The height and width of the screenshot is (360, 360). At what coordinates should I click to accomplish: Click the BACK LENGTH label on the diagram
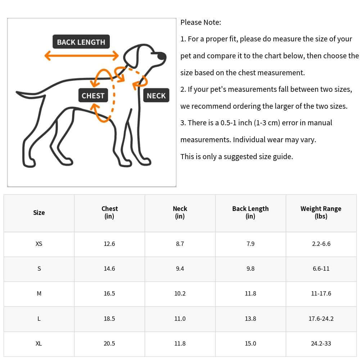pyautogui.click(x=81, y=42)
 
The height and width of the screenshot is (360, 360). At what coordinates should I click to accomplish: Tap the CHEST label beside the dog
pyautogui.click(x=93, y=96)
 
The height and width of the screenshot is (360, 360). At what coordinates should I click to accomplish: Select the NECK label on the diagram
pyautogui.click(x=156, y=96)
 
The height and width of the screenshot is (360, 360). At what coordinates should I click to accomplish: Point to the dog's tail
pyautogui.click(x=31, y=94)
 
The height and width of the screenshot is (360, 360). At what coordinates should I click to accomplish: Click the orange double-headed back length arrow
pyautogui.click(x=81, y=55)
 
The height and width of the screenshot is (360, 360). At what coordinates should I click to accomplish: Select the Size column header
pyautogui.click(x=39, y=212)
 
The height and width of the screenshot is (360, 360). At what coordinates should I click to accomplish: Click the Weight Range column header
pyautogui.click(x=321, y=212)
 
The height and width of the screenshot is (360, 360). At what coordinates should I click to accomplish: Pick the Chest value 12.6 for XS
pyautogui.click(x=109, y=244)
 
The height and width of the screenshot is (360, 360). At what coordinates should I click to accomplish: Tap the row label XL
pyautogui.click(x=39, y=343)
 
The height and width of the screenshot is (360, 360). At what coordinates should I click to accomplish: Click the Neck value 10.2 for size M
pyautogui.click(x=180, y=293)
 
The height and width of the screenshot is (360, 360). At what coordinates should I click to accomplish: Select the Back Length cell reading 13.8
pyautogui.click(x=251, y=319)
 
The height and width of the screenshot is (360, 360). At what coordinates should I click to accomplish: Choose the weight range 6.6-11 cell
pyautogui.click(x=321, y=269)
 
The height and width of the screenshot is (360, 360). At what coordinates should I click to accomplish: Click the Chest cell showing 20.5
pyautogui.click(x=109, y=343)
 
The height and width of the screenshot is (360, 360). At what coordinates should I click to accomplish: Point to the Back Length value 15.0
pyautogui.click(x=251, y=343)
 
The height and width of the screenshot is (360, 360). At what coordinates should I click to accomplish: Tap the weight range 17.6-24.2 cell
pyautogui.click(x=321, y=319)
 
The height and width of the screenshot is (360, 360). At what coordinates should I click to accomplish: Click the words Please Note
pyautogui.click(x=201, y=22)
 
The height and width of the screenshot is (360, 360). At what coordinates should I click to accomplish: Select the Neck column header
pyautogui.click(x=180, y=212)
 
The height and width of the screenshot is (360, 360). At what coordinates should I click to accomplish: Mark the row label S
pyautogui.click(x=39, y=269)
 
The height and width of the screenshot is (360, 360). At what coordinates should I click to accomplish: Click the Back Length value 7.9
pyautogui.click(x=251, y=244)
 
